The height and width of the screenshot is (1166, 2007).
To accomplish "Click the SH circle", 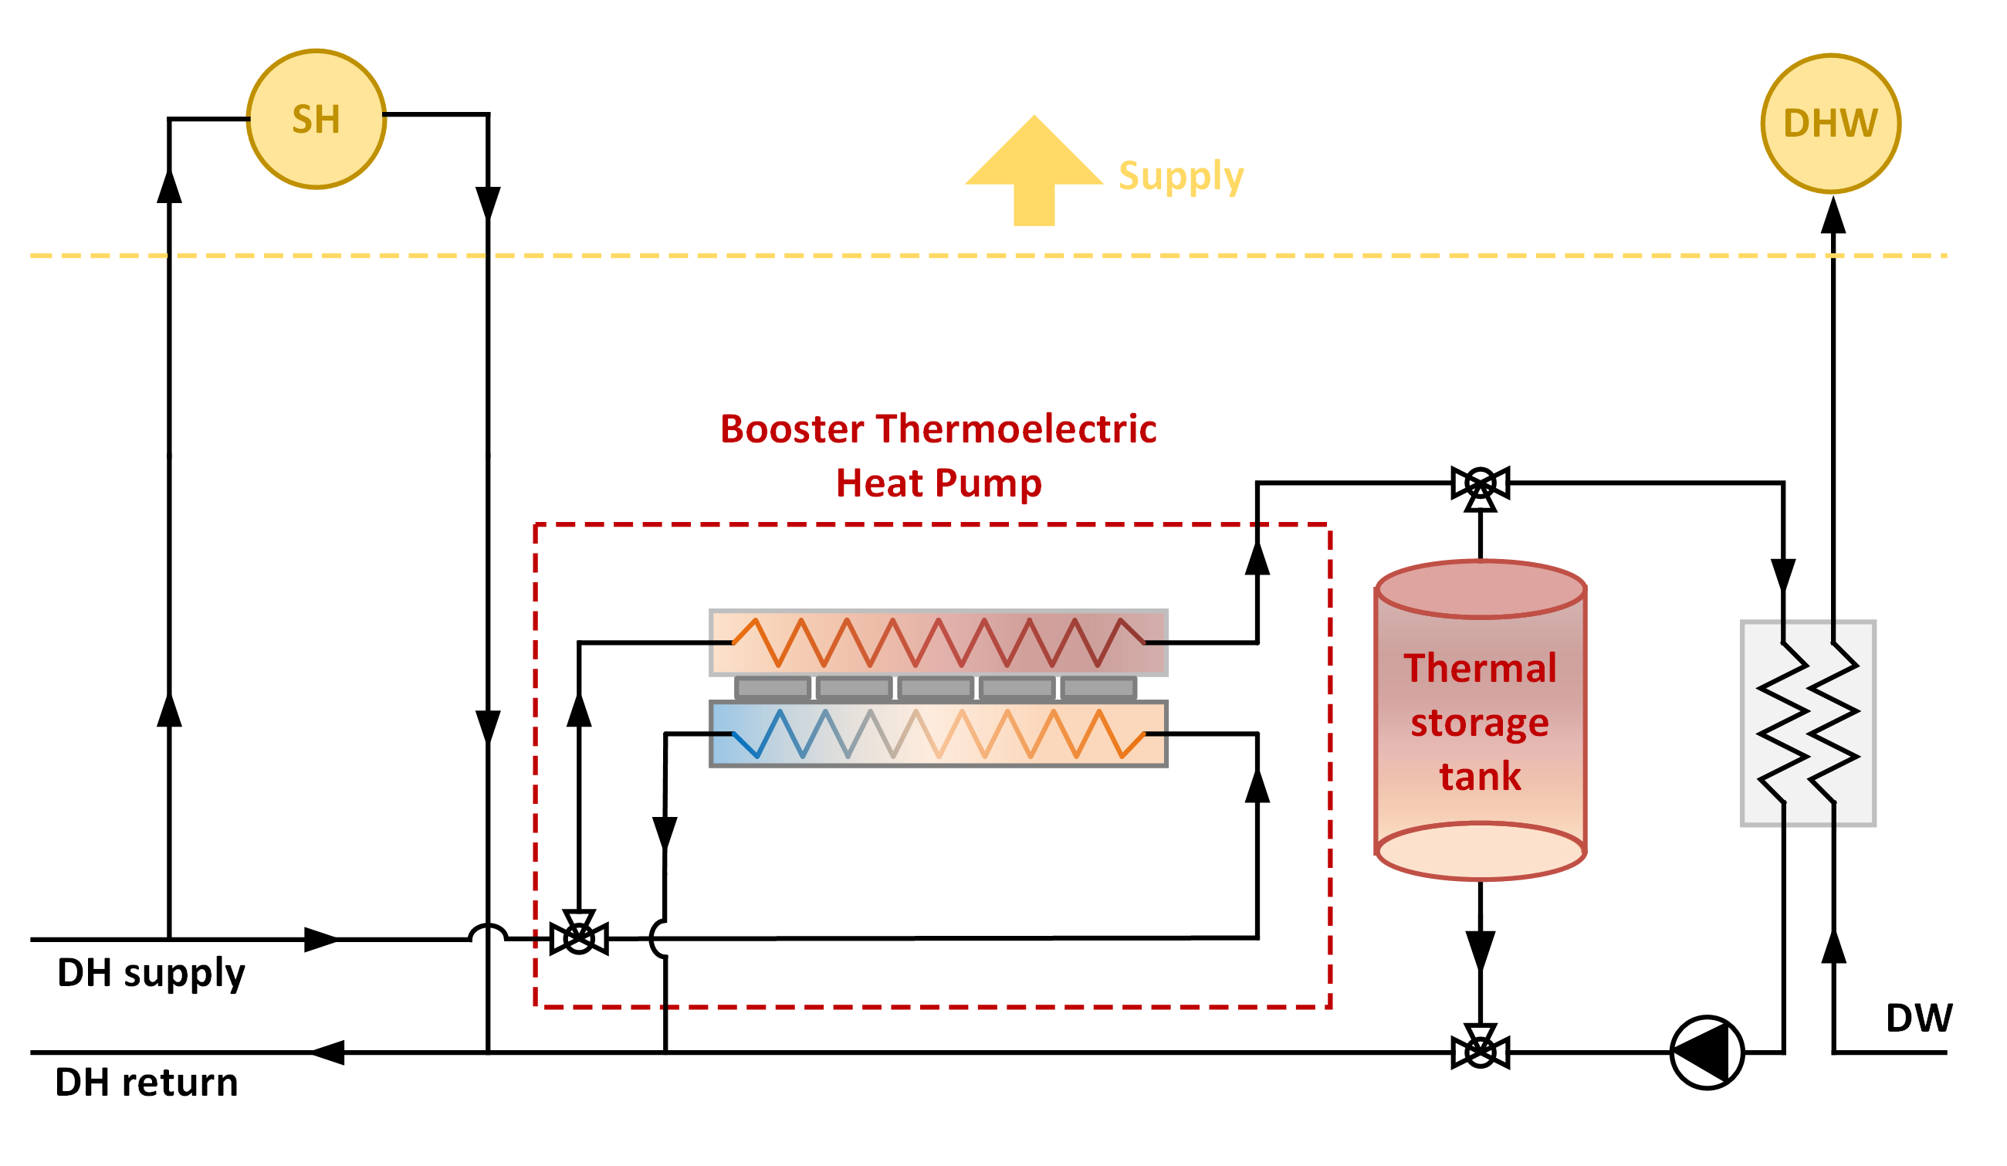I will coord(316,120).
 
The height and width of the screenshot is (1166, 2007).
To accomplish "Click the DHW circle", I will coord(1831,124).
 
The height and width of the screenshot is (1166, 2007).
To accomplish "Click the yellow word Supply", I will coord(1181,177).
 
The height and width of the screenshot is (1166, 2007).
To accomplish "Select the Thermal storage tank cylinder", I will coord(1481,720).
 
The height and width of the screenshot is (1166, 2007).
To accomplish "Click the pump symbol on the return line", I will coord(1707,1053).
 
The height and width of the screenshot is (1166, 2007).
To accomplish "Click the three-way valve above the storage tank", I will coord(1481,484).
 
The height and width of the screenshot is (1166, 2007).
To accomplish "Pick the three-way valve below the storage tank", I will coord(1481,1051).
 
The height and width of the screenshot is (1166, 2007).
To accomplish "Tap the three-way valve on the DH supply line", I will coord(579,938).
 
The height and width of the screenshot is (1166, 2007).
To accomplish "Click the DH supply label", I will coord(151,973).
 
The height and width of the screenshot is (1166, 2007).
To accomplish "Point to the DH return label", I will coord(147,1083).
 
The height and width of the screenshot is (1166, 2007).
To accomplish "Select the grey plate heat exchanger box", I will coord(1808,724).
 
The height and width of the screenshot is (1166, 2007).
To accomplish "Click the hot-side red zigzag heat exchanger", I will coord(938,642).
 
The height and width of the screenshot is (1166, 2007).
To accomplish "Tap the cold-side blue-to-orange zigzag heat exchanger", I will coord(938,734).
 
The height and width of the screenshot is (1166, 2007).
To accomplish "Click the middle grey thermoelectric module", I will coord(936,687).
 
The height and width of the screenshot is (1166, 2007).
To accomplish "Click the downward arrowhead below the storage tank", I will coord(1481,951).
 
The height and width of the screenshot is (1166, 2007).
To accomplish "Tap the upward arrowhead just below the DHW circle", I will coord(1833,215).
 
